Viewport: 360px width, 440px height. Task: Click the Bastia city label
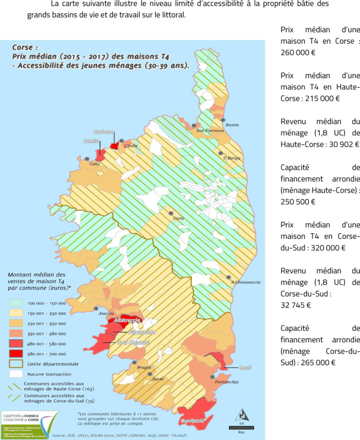(x=232, y=125)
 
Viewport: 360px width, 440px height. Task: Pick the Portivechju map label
(x=225, y=382)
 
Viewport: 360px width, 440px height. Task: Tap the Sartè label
(x=158, y=378)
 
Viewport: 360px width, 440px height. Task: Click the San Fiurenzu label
(x=206, y=130)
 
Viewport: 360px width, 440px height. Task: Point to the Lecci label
(x=245, y=368)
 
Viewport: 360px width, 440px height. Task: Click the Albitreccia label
(x=127, y=320)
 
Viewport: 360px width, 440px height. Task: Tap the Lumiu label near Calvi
(x=91, y=142)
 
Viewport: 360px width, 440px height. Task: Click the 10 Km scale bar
(x=241, y=427)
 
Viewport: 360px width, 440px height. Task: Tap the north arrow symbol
(x=241, y=414)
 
